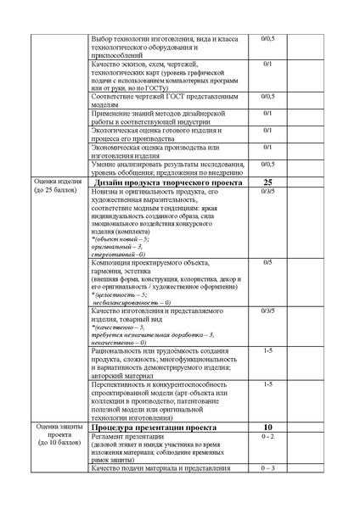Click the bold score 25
click(x=267, y=182)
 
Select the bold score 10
click(x=267, y=428)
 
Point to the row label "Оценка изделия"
click(x=57, y=182)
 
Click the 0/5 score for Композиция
click(x=267, y=262)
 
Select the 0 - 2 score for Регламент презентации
click(x=267, y=437)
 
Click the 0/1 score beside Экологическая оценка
click(x=267, y=130)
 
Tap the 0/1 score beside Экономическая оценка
click(x=267, y=146)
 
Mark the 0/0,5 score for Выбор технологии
click(x=267, y=39)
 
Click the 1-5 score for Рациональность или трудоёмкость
click(x=267, y=350)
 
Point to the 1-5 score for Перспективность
click(x=267, y=383)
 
